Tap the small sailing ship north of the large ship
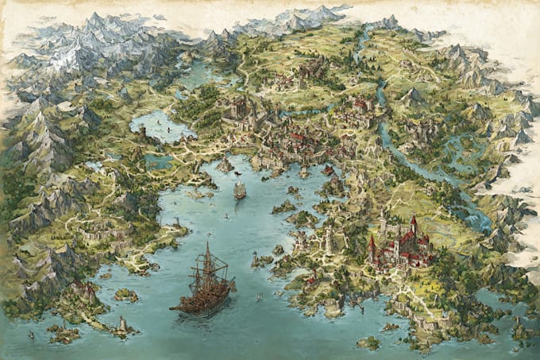240,189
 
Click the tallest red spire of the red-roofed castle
413,223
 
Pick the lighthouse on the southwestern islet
122,324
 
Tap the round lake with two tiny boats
160,124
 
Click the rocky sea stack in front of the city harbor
226,163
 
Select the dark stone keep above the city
239,107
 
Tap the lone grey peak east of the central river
411,97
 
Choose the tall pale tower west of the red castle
329,238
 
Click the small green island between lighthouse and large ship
125,295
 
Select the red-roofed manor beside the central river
361,104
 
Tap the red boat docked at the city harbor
328,170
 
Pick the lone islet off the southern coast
368,343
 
